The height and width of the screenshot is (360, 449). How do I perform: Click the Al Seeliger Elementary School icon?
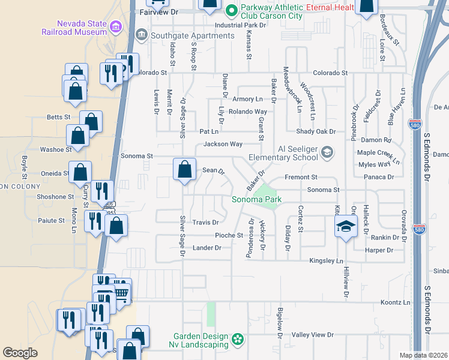pyautogui.click(x=327, y=152)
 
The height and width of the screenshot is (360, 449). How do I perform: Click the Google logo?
pyautogui.click(x=20, y=353)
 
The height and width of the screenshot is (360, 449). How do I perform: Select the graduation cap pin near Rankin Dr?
pyautogui.click(x=346, y=227)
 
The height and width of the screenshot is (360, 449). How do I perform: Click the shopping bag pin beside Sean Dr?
pyautogui.click(x=184, y=169)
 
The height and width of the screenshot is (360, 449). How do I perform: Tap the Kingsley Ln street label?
pyautogui.click(x=326, y=261)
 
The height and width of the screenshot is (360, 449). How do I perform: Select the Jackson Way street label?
pyautogui.click(x=223, y=144)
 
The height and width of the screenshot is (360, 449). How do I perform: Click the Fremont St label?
pyautogui.click(x=301, y=178)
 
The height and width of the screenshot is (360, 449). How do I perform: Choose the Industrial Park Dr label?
pyautogui.click(x=240, y=25)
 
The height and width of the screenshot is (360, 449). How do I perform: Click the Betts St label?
pyautogui.click(x=58, y=117)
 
